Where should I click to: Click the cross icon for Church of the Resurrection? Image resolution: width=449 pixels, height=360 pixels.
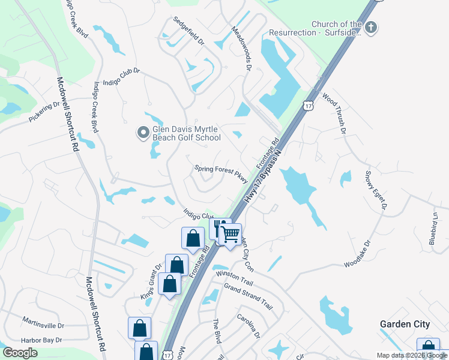(x=371, y=27)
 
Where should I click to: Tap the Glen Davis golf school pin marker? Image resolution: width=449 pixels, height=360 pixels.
(x=143, y=132)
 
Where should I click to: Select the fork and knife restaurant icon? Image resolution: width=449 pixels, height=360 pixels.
(x=220, y=227)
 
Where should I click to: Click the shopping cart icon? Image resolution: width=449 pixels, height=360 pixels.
(x=231, y=234)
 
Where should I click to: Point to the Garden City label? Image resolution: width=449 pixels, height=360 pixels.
(x=405, y=324)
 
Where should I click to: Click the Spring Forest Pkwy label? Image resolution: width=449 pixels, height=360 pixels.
(x=221, y=171)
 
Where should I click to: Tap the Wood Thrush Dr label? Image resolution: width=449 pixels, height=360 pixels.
(x=334, y=113)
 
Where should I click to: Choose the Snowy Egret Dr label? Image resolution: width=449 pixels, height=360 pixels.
(x=376, y=190)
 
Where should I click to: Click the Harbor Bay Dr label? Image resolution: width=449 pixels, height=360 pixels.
(x=43, y=340)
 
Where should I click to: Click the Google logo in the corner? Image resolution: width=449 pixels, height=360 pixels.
(x=20, y=353)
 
